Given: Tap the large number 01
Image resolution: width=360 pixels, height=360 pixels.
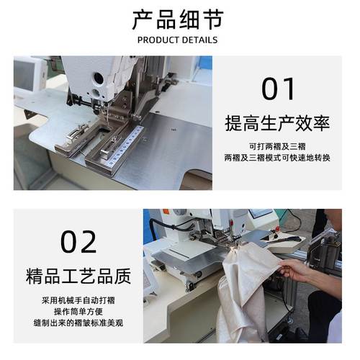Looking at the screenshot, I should tap(278, 89).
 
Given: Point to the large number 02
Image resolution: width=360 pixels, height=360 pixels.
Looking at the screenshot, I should tap(78, 241).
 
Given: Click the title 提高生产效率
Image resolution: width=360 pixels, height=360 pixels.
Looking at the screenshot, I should tap(277, 123).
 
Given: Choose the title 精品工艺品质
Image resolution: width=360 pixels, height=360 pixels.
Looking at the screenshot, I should tap(78, 276).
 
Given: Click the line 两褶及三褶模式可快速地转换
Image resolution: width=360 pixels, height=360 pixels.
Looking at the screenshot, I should tap(277, 157).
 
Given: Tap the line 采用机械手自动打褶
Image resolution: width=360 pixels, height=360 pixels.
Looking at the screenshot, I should tap(78, 298).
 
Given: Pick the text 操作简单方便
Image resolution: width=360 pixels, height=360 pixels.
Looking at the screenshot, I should tap(78, 310).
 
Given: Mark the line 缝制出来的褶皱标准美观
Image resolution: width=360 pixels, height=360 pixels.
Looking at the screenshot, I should tap(78, 323).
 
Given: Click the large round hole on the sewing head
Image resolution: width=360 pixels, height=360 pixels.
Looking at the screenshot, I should tap(96, 76).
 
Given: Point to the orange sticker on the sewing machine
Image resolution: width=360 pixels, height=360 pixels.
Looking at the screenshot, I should tap(165, 212).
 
